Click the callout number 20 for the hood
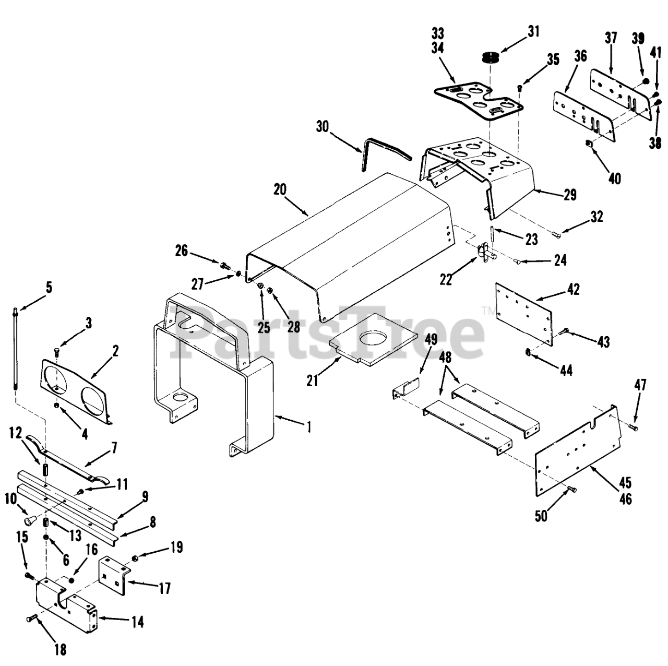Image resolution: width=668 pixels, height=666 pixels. [x=280, y=189]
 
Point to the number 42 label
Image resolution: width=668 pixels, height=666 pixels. [x=573, y=289]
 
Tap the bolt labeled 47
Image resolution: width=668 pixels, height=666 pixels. [x=634, y=427]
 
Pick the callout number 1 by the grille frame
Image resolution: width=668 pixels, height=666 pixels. [x=309, y=427]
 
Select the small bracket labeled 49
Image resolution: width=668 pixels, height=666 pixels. [x=405, y=389]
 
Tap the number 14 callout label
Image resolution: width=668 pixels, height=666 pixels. [x=137, y=622]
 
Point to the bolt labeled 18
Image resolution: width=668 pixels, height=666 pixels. [x=31, y=619]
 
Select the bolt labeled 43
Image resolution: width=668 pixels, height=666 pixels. [x=565, y=331]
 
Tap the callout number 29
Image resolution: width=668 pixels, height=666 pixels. [x=570, y=195]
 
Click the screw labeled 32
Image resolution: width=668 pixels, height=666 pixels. [x=557, y=235]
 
